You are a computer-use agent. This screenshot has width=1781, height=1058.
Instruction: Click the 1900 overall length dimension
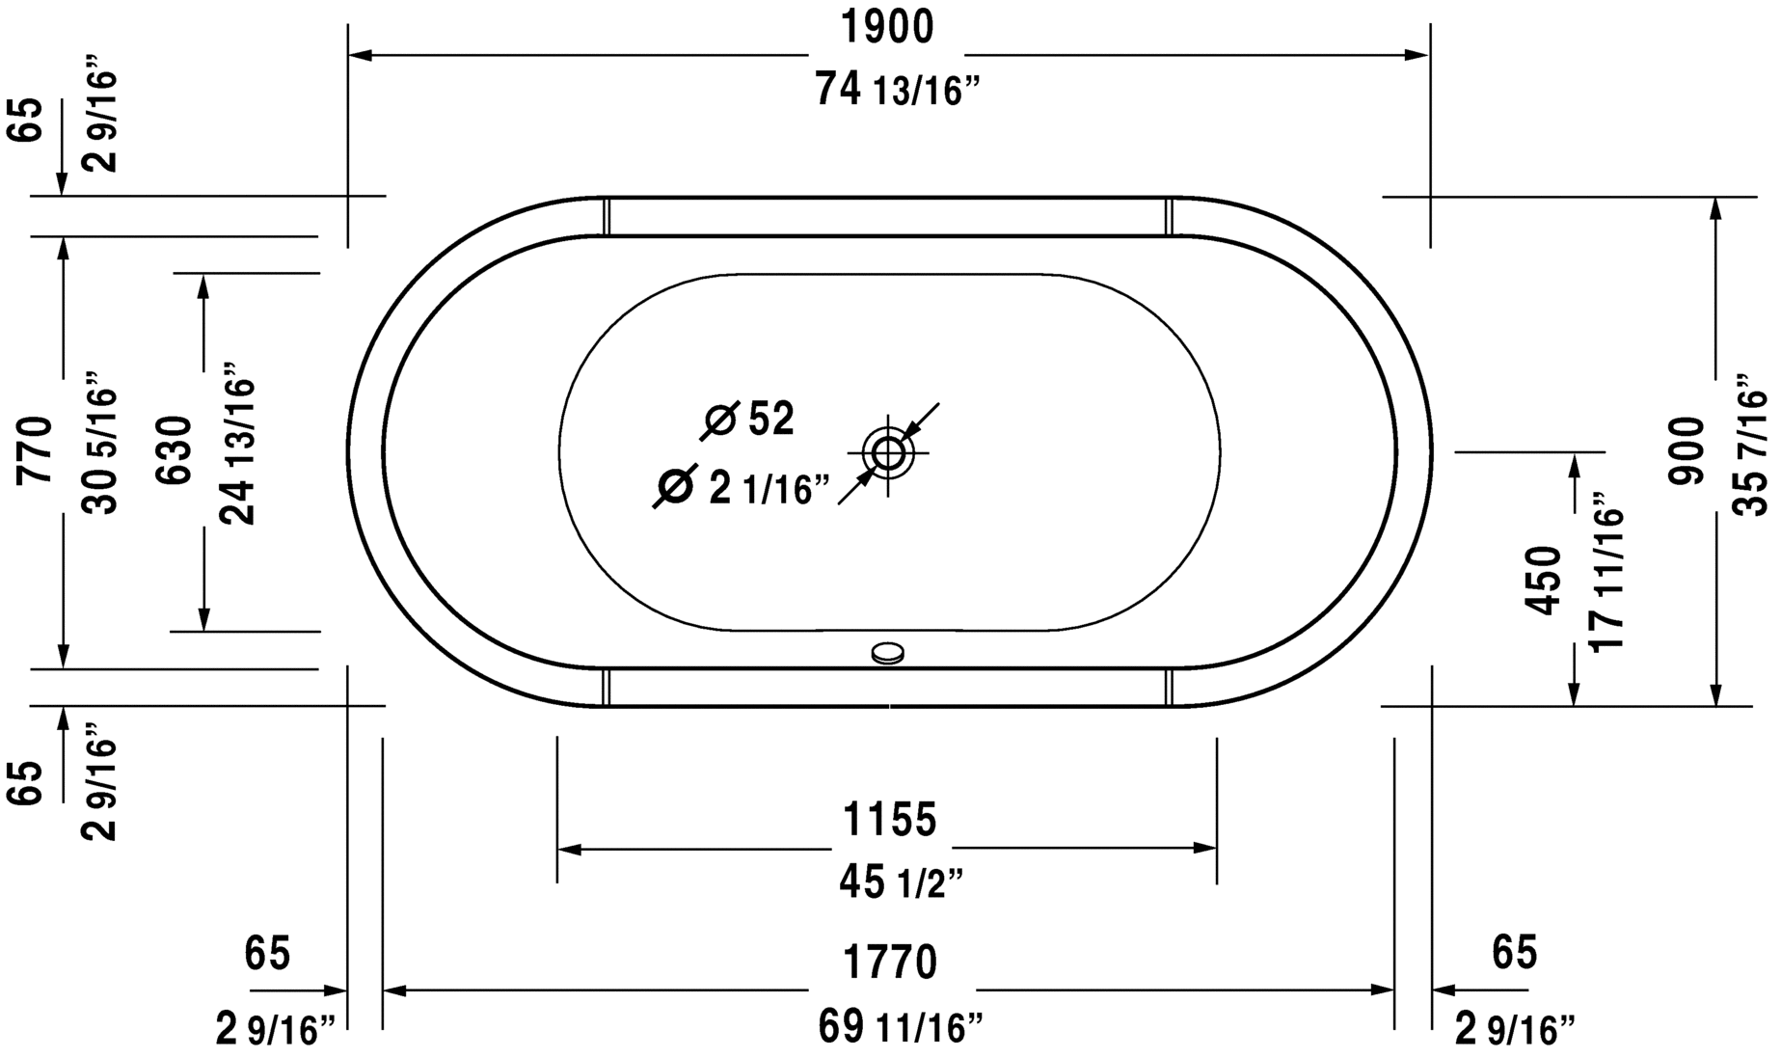coord(888,28)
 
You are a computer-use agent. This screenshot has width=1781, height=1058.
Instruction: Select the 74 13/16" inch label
coord(897,91)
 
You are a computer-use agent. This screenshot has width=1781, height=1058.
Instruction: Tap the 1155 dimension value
coord(889,820)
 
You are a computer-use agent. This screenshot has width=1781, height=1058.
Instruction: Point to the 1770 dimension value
coord(890,963)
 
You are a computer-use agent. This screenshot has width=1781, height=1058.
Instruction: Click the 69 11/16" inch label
coord(901,1026)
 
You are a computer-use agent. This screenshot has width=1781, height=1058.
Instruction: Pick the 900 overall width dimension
coord(1687,450)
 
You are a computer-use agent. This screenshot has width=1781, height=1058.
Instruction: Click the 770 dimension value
coord(37,449)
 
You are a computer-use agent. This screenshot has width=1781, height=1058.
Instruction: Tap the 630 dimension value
coord(177,449)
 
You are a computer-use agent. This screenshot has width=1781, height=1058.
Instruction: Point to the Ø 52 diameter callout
coord(750,420)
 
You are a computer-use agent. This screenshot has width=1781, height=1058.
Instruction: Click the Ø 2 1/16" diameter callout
coord(742,488)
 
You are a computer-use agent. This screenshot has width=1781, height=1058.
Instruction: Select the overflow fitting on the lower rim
coord(887,654)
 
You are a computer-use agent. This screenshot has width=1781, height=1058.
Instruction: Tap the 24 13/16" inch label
coord(239,445)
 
